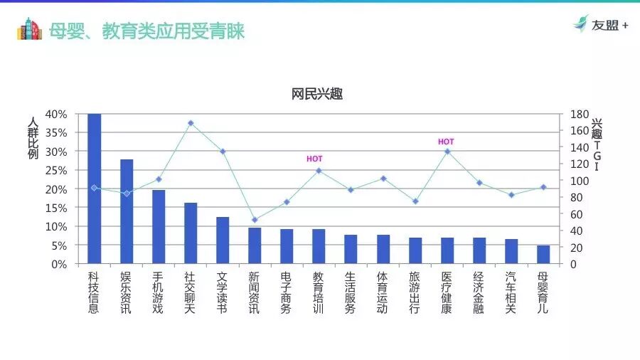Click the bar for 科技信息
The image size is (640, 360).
[94, 189]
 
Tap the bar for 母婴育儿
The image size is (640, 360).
[543, 255]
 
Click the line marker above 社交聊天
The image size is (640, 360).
[191, 123]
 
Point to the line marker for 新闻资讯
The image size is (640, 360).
[255, 220]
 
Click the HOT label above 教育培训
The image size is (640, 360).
[314, 159]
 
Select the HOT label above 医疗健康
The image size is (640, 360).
[446, 142]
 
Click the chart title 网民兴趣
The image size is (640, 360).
[317, 95]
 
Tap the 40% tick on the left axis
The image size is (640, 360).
[56, 114]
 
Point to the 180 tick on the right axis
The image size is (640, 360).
[579, 114]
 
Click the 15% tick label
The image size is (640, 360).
[56, 208]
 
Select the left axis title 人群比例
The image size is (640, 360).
[33, 139]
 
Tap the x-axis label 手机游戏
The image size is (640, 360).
[158, 292]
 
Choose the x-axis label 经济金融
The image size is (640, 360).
[479, 292]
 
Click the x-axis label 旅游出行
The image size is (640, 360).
[415, 292]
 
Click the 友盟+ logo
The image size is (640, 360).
[601, 25]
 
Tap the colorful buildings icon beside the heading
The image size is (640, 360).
[29, 29]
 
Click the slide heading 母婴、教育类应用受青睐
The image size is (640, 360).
[146, 31]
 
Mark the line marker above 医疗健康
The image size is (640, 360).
[447, 152]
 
